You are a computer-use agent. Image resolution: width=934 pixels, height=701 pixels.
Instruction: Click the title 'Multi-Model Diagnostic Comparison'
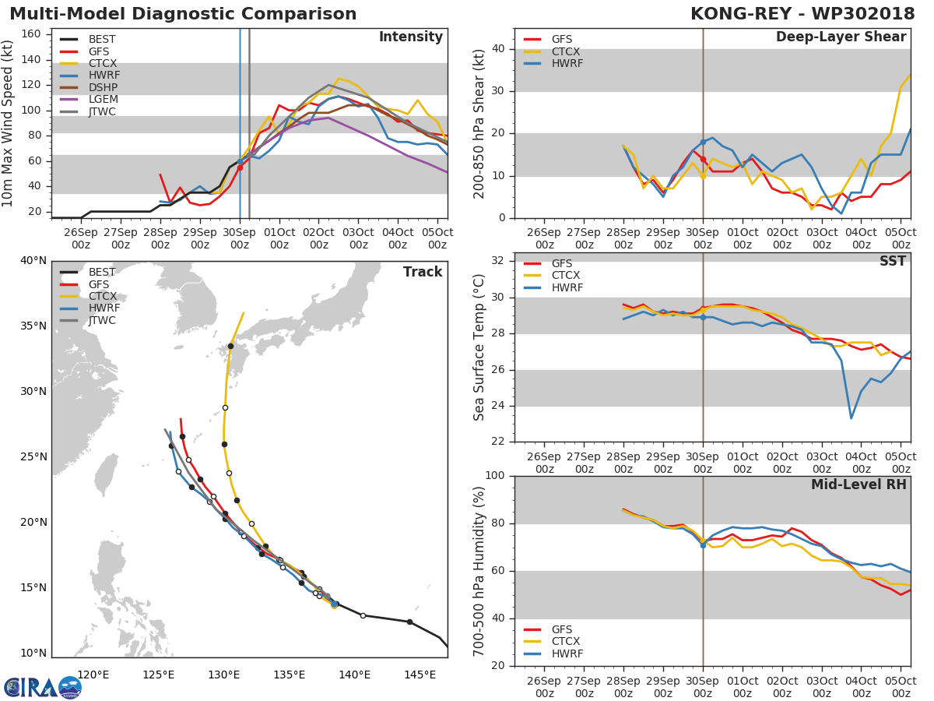click(183, 14)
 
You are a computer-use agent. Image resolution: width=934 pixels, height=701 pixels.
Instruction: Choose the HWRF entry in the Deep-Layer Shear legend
click(567, 63)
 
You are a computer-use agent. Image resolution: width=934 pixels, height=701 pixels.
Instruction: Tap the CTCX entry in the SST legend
click(565, 275)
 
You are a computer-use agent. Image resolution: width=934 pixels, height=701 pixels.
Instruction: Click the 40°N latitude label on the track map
click(33, 260)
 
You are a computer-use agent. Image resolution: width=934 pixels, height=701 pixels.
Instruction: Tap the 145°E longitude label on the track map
click(420, 675)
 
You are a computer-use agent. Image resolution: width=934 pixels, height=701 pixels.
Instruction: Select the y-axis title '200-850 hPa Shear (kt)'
click(479, 123)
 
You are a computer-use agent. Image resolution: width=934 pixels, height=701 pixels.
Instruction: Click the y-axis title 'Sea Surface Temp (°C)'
click(479, 347)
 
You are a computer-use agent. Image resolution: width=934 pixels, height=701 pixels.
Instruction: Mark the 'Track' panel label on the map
click(422, 272)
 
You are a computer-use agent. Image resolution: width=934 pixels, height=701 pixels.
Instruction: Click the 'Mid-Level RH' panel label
click(859, 484)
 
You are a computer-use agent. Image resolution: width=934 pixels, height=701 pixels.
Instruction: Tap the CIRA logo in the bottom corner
click(43, 687)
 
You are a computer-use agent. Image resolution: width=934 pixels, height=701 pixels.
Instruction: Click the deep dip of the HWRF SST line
click(851, 418)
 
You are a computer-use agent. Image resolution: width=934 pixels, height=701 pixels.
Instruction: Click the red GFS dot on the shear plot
click(703, 159)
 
